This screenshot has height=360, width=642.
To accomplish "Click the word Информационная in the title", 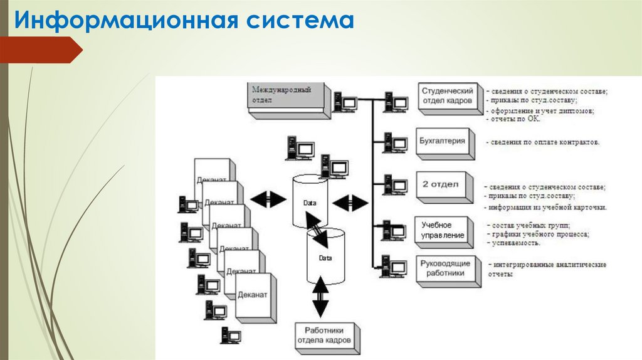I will point(126,21).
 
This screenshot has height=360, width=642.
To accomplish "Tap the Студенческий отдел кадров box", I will point(447,97).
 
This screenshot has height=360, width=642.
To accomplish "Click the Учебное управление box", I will point(443,230).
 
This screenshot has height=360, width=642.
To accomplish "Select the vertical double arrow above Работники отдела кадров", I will point(320,297).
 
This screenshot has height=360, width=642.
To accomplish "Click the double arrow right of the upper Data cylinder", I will point(350,203).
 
